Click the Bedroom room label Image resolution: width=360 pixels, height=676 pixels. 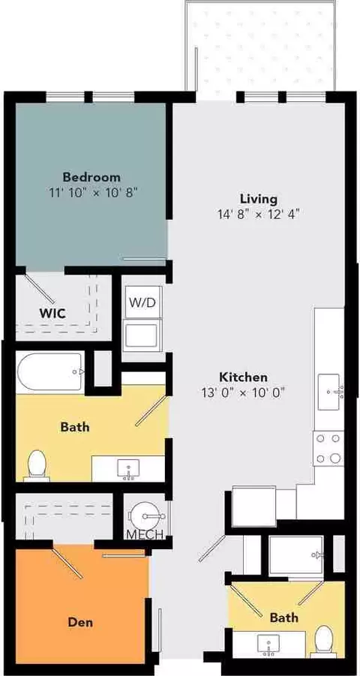point(91,177)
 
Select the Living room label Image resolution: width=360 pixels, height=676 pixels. point(258,200)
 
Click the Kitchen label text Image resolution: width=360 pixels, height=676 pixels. point(244,377)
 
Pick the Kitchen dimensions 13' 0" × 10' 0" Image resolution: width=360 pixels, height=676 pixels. point(244,392)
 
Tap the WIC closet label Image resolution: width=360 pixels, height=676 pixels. point(53,314)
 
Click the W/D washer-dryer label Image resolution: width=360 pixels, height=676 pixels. point(142,302)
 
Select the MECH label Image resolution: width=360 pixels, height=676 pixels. point(145,535)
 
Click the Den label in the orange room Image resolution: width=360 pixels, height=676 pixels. point(80,622)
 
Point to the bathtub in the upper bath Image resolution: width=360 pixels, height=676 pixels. point(50,372)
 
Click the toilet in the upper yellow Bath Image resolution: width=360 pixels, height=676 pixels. point(37,465)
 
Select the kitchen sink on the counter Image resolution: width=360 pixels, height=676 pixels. point(329,392)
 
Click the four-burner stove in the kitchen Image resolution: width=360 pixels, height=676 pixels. point(329,449)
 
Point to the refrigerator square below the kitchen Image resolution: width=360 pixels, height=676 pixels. point(254,506)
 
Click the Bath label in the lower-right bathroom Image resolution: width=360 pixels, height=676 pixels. point(283,617)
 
